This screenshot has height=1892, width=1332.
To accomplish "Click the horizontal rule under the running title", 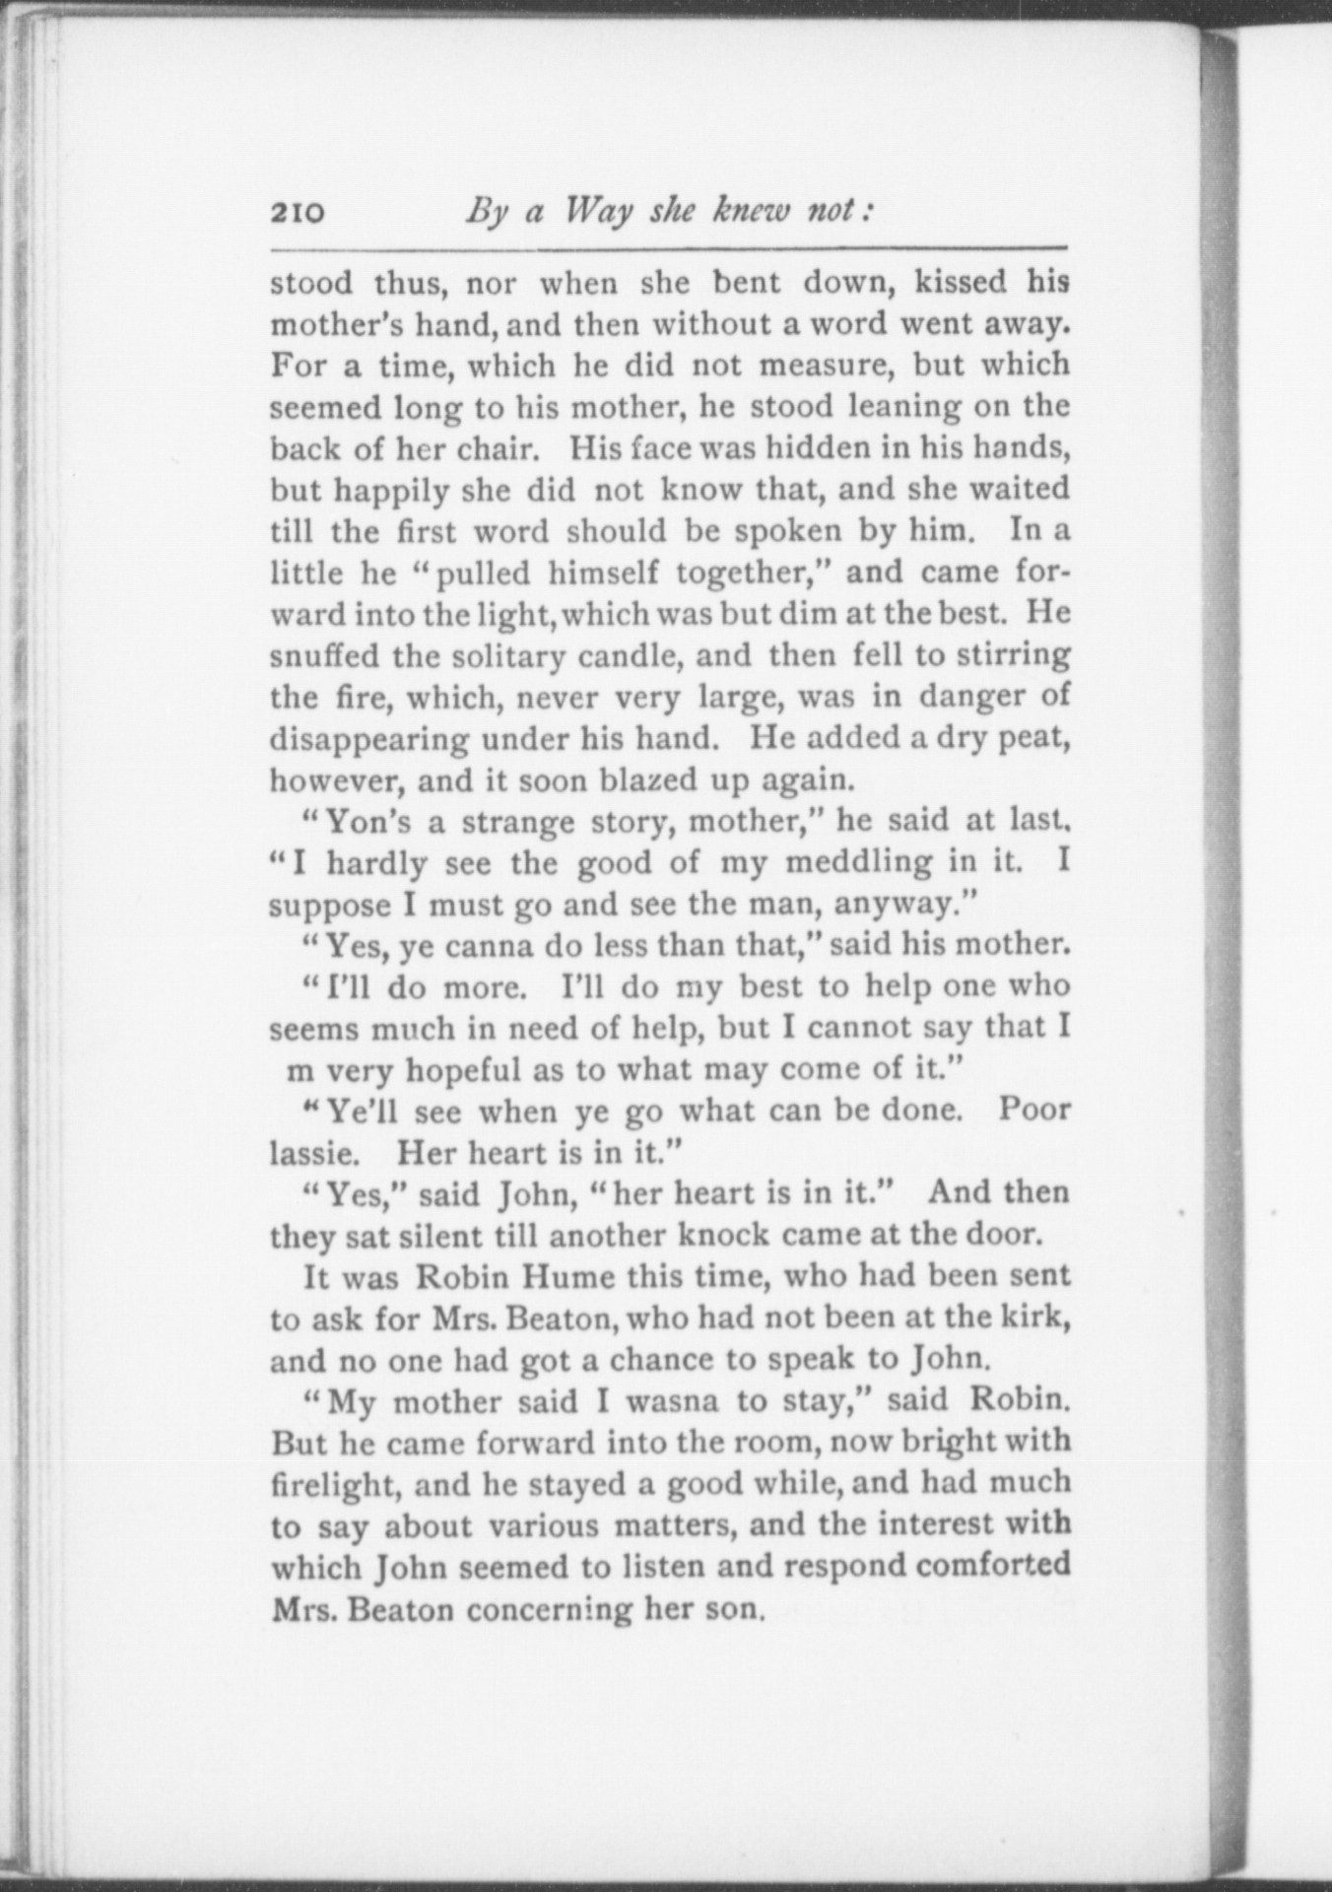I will pos(669,247).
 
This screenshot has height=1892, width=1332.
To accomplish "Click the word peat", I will pos(1033,738).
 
